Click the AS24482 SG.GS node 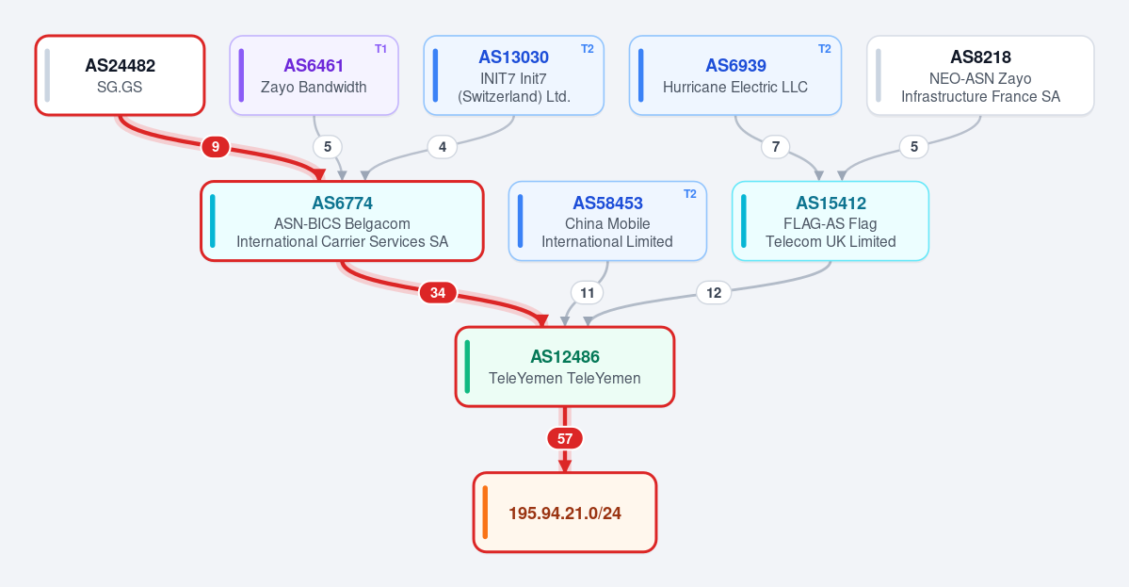tap(121, 75)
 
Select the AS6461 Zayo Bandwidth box tap(314, 75)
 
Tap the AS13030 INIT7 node tap(513, 75)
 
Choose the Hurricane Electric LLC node tap(735, 75)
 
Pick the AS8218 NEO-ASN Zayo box tap(980, 75)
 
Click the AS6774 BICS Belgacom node tap(342, 221)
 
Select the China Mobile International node tap(607, 221)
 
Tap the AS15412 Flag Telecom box tap(831, 221)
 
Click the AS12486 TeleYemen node tap(565, 367)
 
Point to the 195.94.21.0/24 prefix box tap(565, 513)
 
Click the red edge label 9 tap(216, 147)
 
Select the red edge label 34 tap(438, 292)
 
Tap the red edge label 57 tap(565, 439)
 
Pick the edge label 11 tap(588, 292)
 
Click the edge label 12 tap(714, 292)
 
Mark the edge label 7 tap(776, 147)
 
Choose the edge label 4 tap(443, 147)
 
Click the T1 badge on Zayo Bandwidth tap(381, 49)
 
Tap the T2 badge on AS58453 tap(690, 194)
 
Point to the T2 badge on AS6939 tap(825, 49)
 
